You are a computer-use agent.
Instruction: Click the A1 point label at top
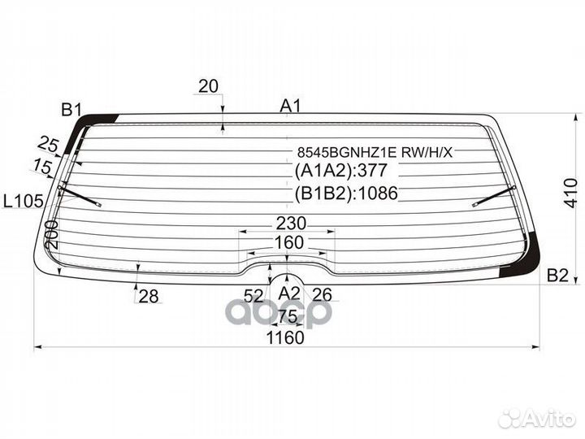[x=290, y=105]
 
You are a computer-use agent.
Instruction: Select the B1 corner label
[x=72, y=110]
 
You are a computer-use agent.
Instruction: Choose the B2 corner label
[x=557, y=276]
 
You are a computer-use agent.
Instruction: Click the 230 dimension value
[x=291, y=224]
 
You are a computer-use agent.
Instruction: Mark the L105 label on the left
[x=22, y=200]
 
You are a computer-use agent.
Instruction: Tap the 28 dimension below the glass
[x=148, y=297]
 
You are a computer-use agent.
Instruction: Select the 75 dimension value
[x=288, y=316]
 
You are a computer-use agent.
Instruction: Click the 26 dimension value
[x=323, y=294]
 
